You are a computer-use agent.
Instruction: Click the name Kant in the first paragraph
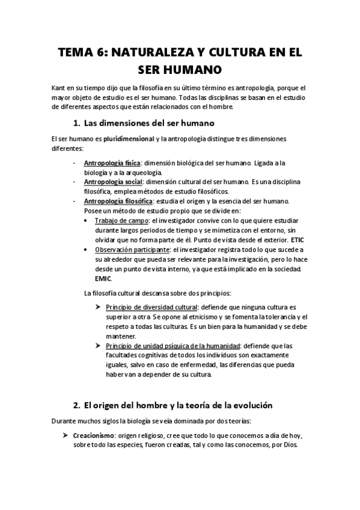[x=58, y=88]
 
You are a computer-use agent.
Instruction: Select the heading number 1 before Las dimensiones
[x=75, y=124]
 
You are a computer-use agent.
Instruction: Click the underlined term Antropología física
[x=112, y=163]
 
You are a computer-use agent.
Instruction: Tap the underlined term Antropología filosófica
[x=118, y=201]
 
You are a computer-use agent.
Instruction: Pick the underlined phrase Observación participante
[x=132, y=250]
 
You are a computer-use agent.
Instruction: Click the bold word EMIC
[x=103, y=279]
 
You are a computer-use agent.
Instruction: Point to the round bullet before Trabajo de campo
[x=88, y=221]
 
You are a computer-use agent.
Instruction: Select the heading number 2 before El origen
[x=75, y=405]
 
